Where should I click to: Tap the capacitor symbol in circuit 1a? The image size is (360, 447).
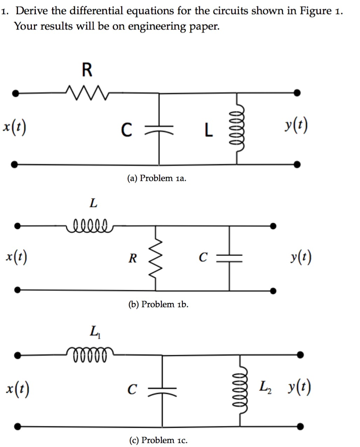point(159,129)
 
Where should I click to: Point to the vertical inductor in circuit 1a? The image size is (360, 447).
point(237,129)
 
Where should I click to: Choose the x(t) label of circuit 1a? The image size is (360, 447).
point(14,127)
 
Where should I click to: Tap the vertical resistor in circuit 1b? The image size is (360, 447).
point(156,258)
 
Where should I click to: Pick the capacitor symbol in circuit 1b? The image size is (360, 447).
point(229,258)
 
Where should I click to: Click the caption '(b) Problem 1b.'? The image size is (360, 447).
point(158,304)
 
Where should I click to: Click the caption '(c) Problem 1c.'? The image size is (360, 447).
point(158,440)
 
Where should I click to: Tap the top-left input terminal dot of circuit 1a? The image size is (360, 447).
point(15,93)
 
